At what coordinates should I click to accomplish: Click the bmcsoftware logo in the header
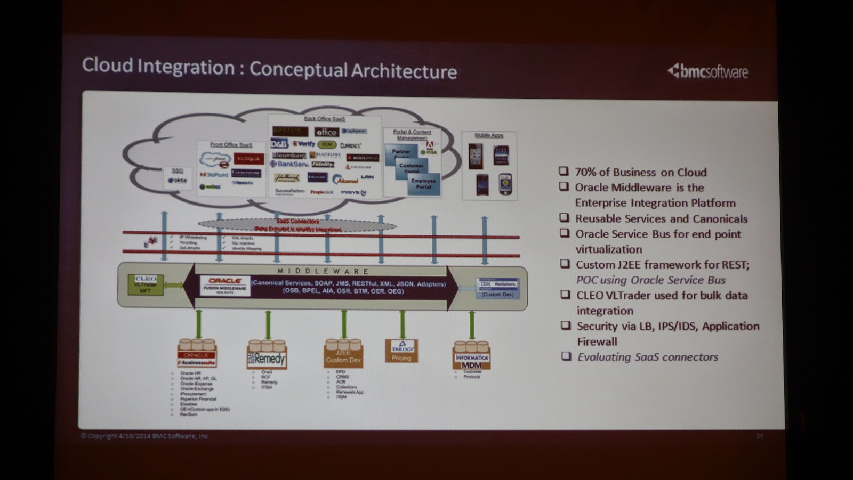point(708,71)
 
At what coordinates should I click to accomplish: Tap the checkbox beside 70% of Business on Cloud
point(564,171)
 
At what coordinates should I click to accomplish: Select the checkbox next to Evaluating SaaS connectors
point(566,356)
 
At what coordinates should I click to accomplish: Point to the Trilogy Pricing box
point(401,351)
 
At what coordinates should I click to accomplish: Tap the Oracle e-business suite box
point(197,357)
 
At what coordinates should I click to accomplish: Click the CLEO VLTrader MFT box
point(145,285)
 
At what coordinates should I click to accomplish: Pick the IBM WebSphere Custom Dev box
point(498,288)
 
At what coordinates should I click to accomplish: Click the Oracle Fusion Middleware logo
point(225,284)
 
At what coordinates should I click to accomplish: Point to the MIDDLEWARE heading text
point(323,271)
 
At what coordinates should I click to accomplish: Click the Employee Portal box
point(424,184)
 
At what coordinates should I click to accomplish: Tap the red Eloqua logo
point(248,159)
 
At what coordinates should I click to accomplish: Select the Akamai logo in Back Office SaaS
point(345,180)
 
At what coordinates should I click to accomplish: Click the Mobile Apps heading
point(489,135)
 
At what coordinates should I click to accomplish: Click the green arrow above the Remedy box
point(268,324)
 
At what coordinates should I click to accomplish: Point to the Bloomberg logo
point(289,156)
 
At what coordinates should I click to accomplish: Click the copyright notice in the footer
point(144,436)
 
